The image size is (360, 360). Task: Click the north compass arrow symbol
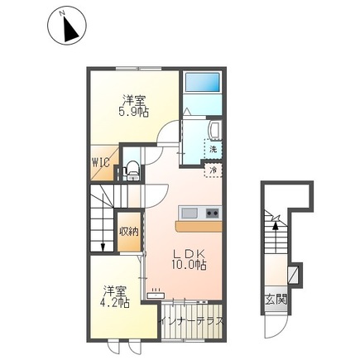click(x=71, y=28)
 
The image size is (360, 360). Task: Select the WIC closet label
click(x=101, y=162)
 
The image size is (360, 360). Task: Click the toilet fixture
click(x=132, y=170)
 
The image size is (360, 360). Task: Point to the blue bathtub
click(x=203, y=82)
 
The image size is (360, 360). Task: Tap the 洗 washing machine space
click(x=213, y=149)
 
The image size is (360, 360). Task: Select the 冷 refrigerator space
click(x=214, y=170)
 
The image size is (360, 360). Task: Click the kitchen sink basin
click(x=190, y=213)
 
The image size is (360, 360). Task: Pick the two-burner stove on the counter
click(x=213, y=213)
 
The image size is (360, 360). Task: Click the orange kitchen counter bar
click(x=199, y=226)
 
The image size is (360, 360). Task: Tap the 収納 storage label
click(x=129, y=232)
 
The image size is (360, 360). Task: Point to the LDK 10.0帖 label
click(x=189, y=260)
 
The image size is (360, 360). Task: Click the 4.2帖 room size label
click(x=114, y=304)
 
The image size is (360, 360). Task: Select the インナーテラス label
click(x=192, y=321)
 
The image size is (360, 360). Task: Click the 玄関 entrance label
click(x=276, y=299)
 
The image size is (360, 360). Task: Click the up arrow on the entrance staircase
click(x=275, y=234)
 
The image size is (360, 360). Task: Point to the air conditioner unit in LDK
click(x=156, y=295)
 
